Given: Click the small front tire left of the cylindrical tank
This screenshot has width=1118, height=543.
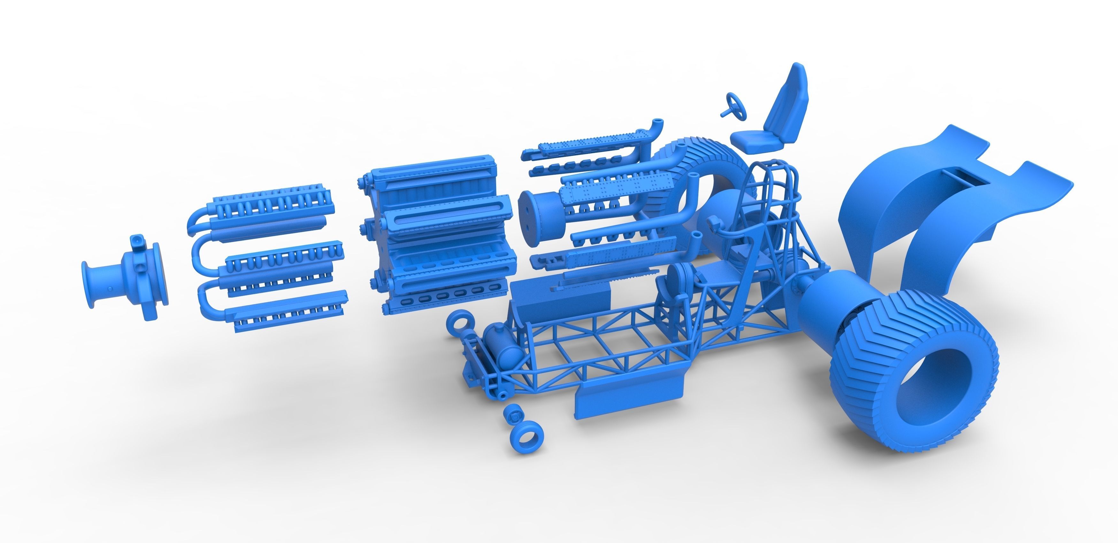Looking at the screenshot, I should pyautogui.click(x=462, y=323).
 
